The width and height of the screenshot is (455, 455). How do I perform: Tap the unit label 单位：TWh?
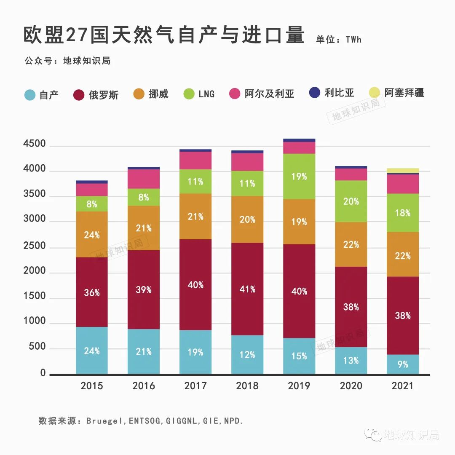point(339,40)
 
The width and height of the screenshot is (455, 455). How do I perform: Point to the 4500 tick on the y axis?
point(34,145)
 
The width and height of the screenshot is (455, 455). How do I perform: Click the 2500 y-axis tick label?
point(34,245)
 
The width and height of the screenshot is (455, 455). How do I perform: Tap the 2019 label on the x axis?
point(299,386)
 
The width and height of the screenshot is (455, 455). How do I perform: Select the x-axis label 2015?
point(91,386)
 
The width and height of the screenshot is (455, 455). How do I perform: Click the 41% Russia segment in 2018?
point(247,289)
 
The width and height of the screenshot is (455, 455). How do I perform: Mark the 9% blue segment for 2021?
point(403,364)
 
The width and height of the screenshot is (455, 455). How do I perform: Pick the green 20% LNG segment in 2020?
point(351,201)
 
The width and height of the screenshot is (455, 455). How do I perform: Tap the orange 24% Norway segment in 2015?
point(91,234)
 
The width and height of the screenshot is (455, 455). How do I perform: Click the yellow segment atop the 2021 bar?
point(403,171)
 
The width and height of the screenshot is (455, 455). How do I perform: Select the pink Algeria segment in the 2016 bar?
point(144,179)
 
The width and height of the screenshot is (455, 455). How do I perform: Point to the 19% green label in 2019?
point(299,177)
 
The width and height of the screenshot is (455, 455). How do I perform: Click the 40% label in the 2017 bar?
point(195,285)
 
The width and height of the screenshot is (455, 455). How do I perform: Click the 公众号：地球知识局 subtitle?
point(67,61)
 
